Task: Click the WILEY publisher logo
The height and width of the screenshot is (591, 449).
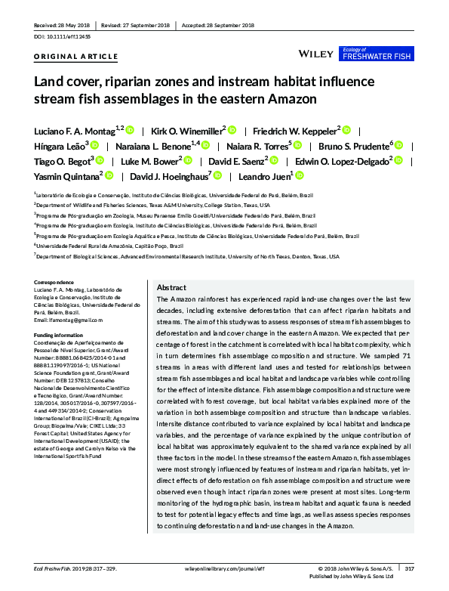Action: [317, 54]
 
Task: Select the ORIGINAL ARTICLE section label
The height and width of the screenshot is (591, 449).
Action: [76, 57]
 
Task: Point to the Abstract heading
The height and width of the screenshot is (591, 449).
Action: [171, 288]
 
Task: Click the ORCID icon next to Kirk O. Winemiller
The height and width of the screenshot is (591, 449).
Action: [232, 130]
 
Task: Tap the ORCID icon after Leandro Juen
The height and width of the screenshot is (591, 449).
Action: [299, 175]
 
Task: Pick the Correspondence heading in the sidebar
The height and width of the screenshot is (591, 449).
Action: [59, 283]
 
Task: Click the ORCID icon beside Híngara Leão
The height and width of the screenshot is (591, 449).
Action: [94, 145]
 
